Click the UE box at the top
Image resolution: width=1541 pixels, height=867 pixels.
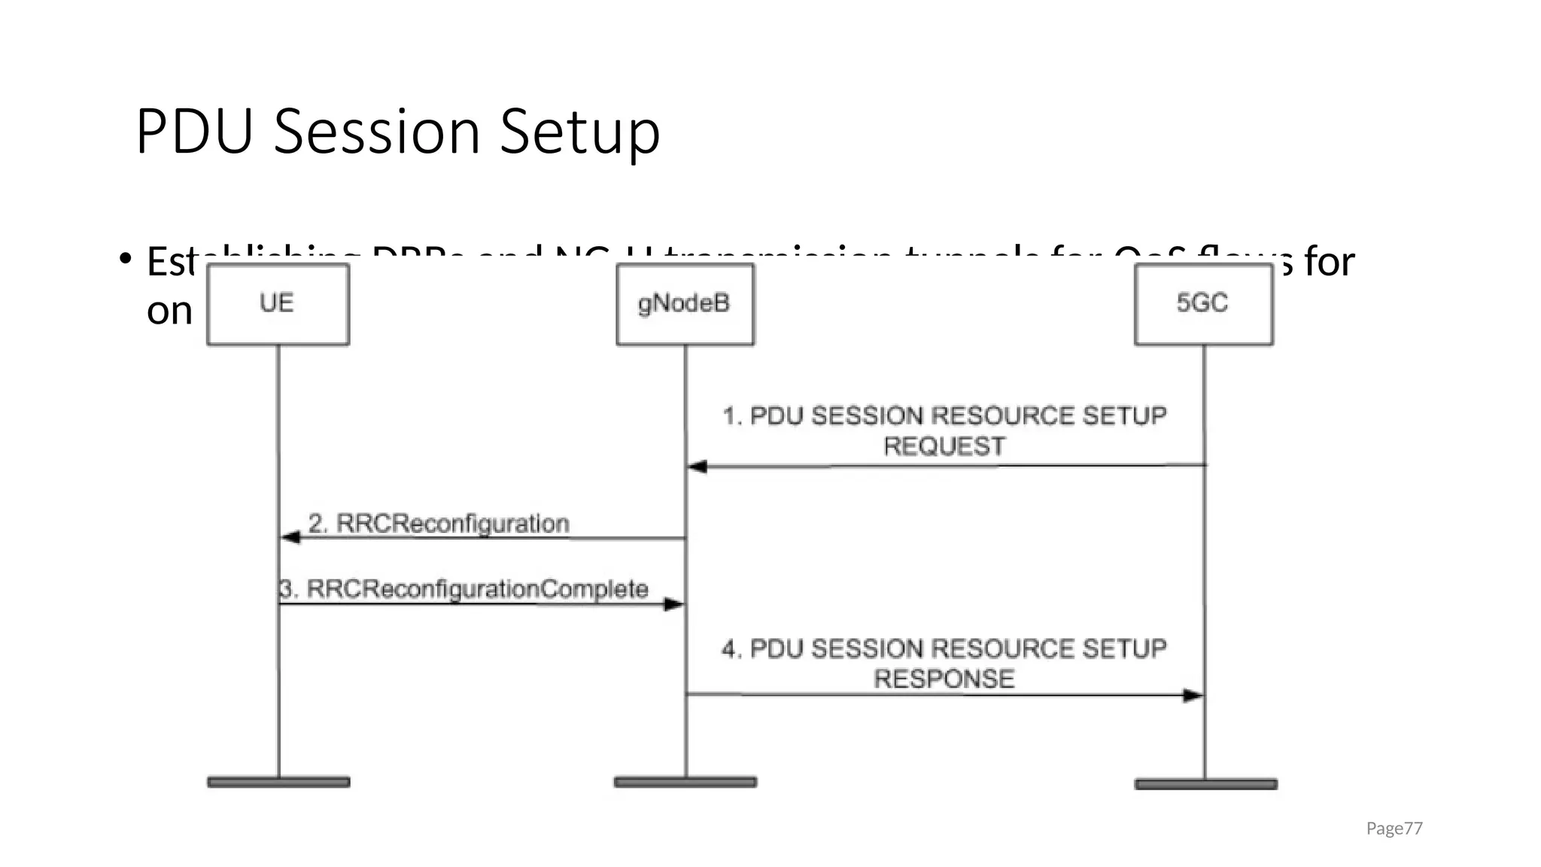(x=278, y=304)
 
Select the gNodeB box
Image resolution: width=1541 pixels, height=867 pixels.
(x=685, y=304)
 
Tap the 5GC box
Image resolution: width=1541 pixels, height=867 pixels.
(x=1203, y=304)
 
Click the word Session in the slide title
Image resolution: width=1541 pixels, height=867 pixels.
(x=376, y=132)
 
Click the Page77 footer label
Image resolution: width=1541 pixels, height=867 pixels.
(x=1394, y=829)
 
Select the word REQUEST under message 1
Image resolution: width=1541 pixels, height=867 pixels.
(x=944, y=447)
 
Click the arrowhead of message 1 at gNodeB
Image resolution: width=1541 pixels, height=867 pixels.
(x=698, y=467)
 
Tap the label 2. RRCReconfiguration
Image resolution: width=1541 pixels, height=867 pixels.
(x=439, y=524)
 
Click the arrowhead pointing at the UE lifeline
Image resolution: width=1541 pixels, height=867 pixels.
(x=290, y=537)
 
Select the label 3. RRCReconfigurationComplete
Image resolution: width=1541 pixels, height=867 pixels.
(x=464, y=589)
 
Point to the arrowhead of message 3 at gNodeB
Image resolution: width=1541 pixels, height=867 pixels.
(x=673, y=604)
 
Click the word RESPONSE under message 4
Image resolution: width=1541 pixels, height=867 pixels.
(x=944, y=680)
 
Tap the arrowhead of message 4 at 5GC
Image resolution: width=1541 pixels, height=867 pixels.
(x=1193, y=695)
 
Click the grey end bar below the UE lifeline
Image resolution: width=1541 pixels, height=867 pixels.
(x=278, y=783)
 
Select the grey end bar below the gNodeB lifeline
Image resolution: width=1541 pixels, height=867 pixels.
(x=685, y=783)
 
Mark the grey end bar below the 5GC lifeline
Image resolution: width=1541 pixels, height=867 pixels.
(x=1205, y=784)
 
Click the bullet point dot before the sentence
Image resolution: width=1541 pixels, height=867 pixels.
(x=125, y=259)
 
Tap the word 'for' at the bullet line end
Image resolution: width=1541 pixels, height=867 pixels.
(x=1330, y=262)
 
